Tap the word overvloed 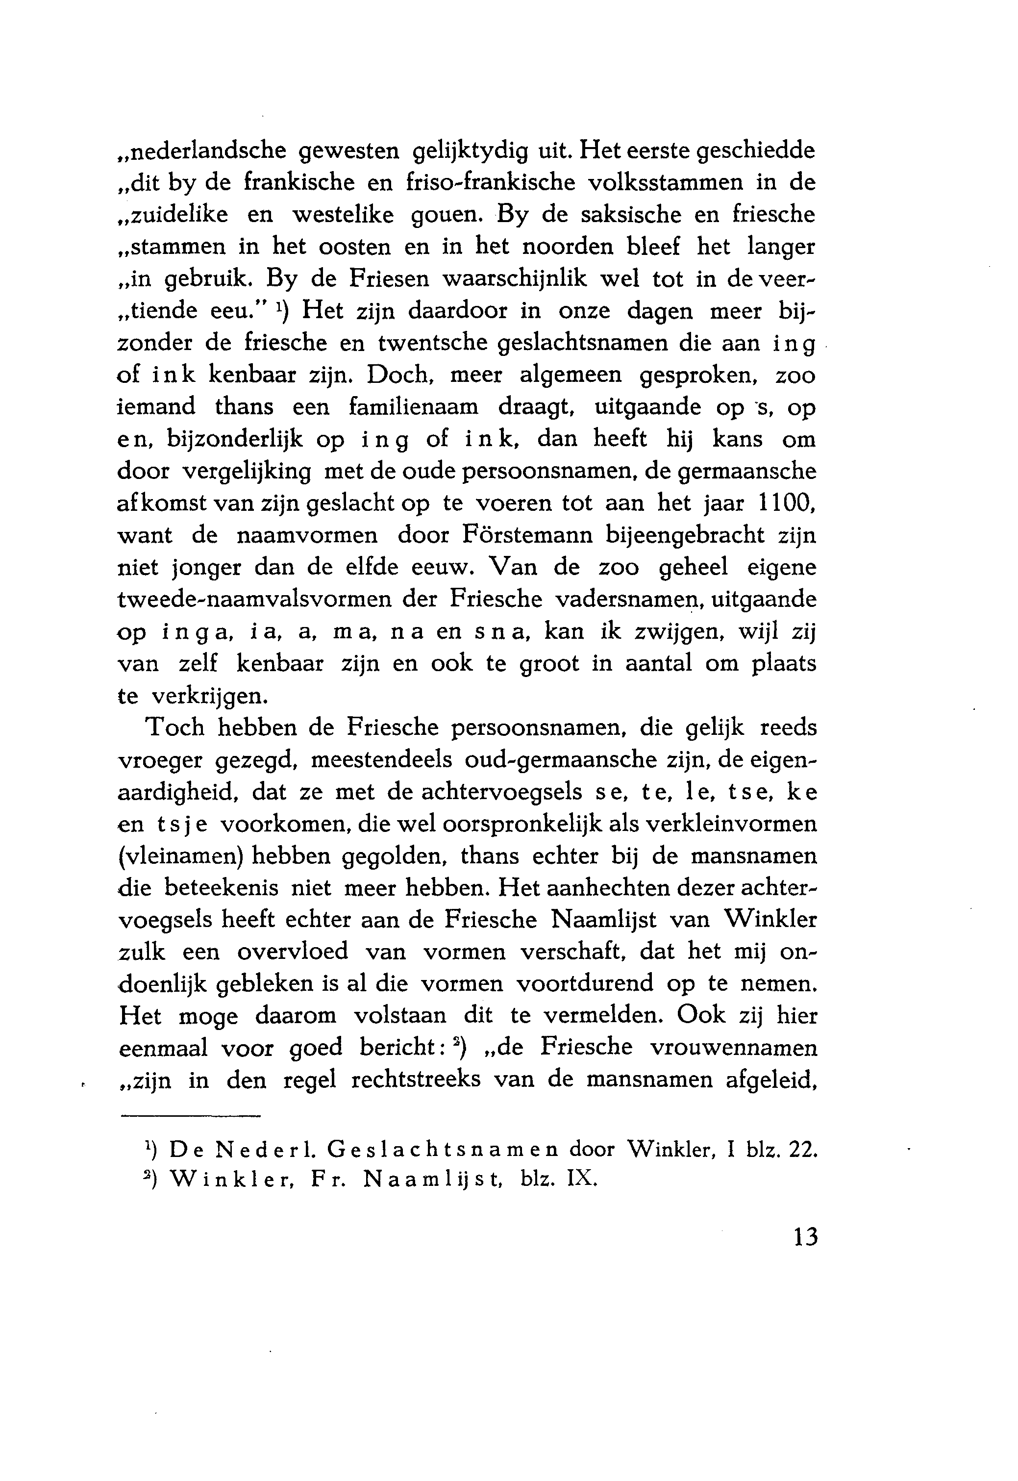coord(293,952)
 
